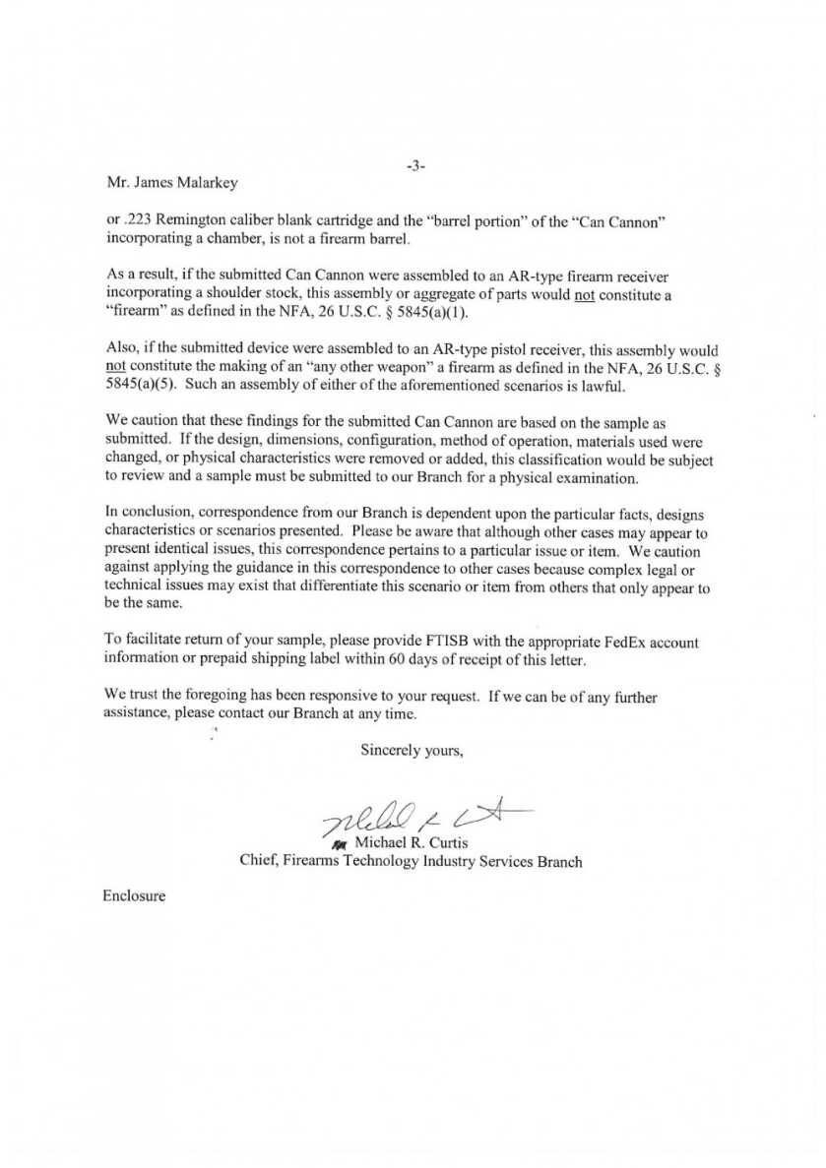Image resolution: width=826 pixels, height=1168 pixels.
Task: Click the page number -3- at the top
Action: coord(413,166)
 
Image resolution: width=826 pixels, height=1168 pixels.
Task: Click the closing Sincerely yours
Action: coord(412,750)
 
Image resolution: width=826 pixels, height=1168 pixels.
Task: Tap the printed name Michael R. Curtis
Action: coord(406,843)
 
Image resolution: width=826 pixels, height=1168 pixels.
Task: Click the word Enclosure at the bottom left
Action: coord(134,896)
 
